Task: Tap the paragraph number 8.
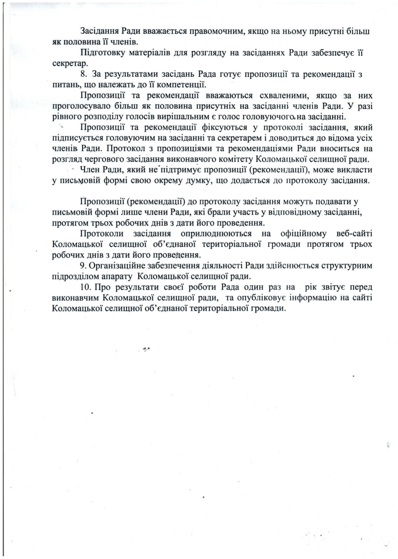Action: tap(84, 74)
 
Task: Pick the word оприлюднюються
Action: tap(216, 234)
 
